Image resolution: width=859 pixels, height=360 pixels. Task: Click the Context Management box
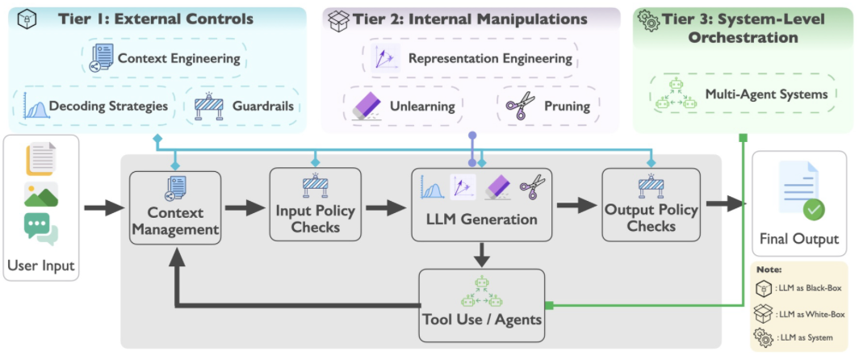(x=175, y=207)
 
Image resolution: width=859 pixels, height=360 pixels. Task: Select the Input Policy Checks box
(x=316, y=204)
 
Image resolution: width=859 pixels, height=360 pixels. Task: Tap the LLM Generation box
(x=482, y=204)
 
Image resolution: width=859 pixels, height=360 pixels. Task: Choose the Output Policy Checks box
(x=652, y=204)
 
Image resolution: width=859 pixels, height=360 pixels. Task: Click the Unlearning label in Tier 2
(x=422, y=106)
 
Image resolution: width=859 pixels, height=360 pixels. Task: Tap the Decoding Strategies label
(x=108, y=106)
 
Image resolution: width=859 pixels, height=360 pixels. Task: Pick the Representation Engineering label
(x=490, y=58)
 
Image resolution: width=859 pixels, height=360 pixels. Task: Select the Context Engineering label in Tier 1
(x=179, y=58)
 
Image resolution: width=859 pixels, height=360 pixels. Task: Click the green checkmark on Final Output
(x=814, y=210)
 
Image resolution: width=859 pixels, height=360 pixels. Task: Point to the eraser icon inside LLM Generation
(x=498, y=187)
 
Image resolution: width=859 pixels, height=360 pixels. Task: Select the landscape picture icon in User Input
(x=40, y=194)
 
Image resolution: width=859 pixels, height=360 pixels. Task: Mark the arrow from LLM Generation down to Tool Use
(x=482, y=253)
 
